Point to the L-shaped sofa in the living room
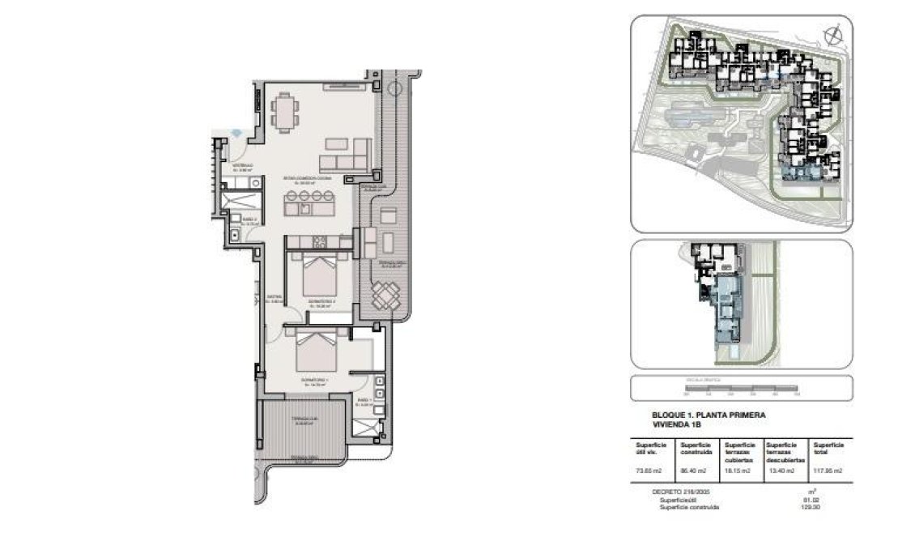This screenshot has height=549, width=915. coord(350,152)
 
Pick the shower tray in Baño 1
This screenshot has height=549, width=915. coord(368,426)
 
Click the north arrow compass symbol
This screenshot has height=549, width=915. coord(831,34)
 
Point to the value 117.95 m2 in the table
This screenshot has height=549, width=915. coord(828,470)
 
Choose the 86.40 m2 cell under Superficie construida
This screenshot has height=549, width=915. coord(695,470)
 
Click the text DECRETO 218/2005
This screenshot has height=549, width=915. coord(678,492)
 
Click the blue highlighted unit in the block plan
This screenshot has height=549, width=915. coord(726,312)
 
